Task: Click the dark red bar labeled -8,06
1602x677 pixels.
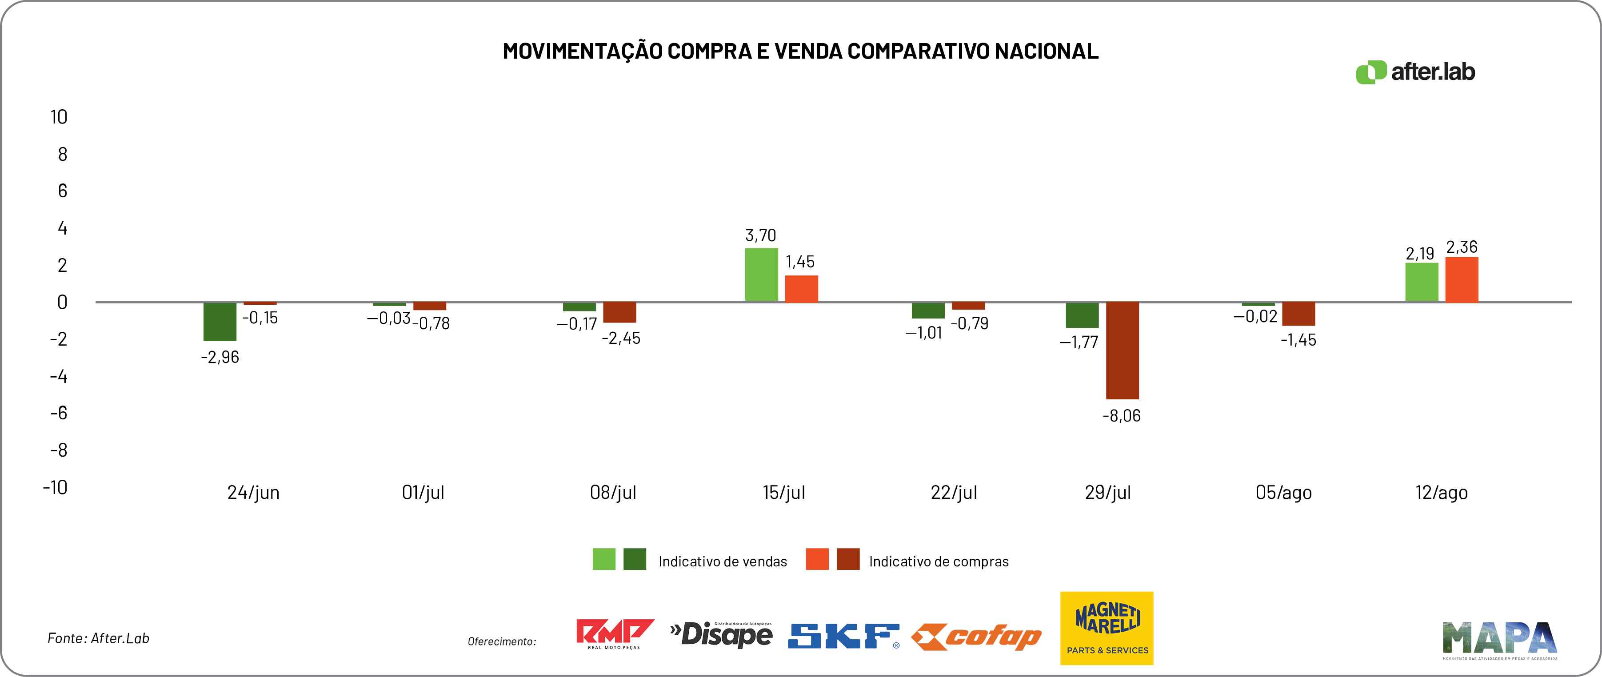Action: tap(1122, 350)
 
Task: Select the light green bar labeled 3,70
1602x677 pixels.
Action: tap(761, 275)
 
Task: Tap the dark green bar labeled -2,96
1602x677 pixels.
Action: tap(220, 322)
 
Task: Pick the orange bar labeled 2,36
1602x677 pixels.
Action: tap(1462, 280)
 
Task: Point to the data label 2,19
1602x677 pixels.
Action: tap(1420, 254)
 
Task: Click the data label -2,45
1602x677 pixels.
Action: tap(621, 338)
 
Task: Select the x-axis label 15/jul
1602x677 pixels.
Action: tap(783, 492)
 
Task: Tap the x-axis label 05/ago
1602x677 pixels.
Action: tap(1283, 492)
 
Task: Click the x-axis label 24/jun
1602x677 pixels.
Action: tap(253, 492)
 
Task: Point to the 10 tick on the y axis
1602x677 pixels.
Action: tap(59, 117)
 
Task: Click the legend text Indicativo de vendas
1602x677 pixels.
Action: tap(723, 562)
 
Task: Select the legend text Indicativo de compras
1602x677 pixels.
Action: tap(939, 562)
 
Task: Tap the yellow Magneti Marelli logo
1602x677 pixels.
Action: tap(1107, 628)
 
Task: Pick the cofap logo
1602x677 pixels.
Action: tap(976, 637)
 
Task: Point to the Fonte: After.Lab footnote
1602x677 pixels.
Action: tap(98, 638)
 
